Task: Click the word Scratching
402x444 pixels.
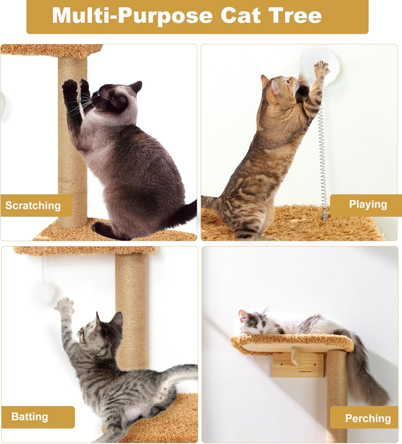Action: (33, 205)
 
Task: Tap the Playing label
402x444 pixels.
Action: (368, 204)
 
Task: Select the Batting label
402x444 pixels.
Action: (30, 416)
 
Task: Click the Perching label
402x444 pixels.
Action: (368, 418)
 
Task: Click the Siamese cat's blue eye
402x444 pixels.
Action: (98, 95)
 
